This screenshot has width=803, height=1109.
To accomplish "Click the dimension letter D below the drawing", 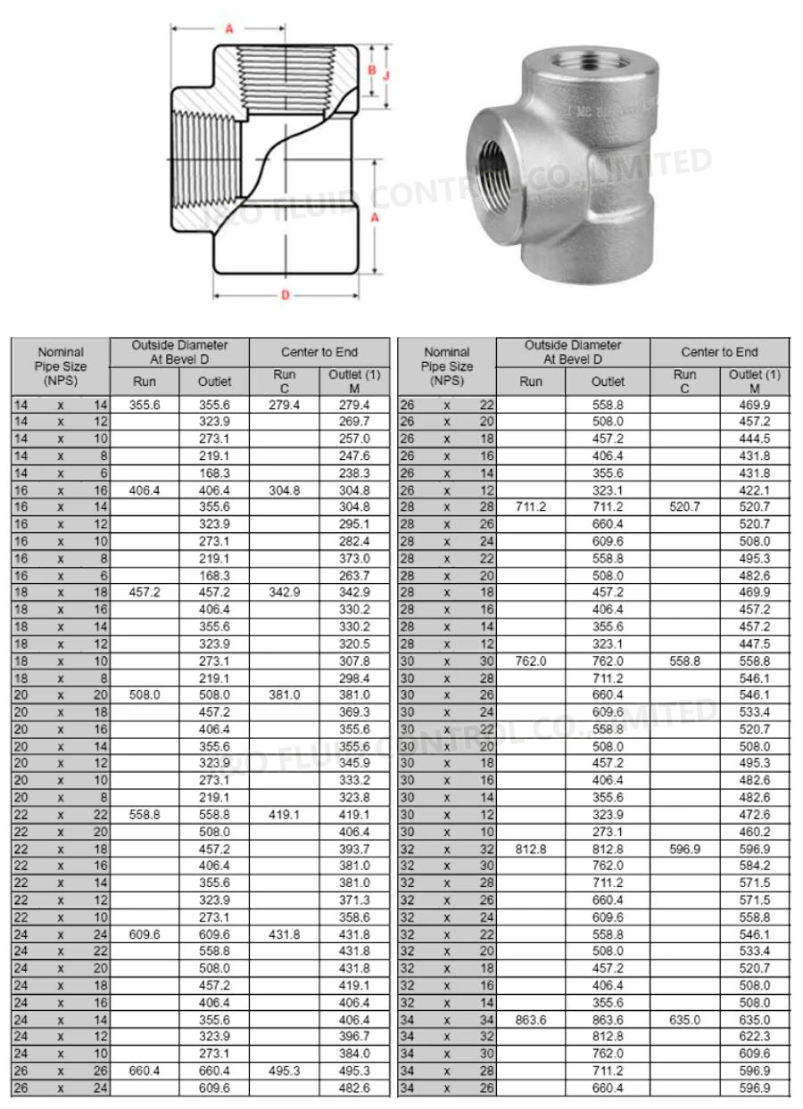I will [286, 295].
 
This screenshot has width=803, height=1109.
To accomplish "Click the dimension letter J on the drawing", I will [386, 76].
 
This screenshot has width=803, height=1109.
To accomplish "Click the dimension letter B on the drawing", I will [371, 70].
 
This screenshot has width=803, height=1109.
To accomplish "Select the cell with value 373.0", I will [354, 558].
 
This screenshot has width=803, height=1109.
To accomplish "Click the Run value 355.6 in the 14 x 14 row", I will [144, 404].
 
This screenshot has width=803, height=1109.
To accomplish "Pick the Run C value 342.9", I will [284, 593].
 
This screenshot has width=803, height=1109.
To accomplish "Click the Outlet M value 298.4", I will [354, 678].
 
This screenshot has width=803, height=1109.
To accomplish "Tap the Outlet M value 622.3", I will [755, 1036].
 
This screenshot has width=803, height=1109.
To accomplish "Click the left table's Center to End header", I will [319, 352].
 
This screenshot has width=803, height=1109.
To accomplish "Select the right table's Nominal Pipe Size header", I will [447, 366].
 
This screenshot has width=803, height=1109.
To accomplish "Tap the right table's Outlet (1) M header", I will [755, 381].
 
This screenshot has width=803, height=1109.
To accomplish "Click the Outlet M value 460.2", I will [755, 832].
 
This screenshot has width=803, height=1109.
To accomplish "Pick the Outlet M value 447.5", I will [755, 644].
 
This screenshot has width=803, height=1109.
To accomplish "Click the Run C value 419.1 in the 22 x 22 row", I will [284, 814].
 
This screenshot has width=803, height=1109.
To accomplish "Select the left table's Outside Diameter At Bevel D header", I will [179, 351].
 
